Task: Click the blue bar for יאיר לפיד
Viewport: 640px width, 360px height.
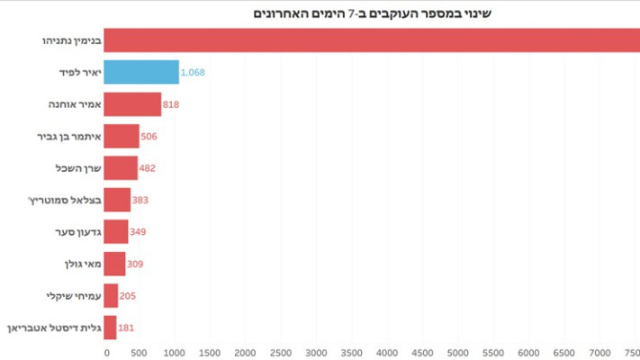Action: [x=141, y=73]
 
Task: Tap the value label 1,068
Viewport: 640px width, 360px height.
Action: [x=199, y=73]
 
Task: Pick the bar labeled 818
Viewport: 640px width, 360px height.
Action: [x=132, y=104]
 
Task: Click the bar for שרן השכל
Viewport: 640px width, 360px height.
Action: [x=121, y=168]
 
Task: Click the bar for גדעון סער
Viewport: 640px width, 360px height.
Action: [x=116, y=232]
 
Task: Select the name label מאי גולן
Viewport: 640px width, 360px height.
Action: [x=76, y=264]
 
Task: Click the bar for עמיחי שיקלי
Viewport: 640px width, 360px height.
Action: [x=111, y=295]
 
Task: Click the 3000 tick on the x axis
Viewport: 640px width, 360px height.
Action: [x=316, y=352]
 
